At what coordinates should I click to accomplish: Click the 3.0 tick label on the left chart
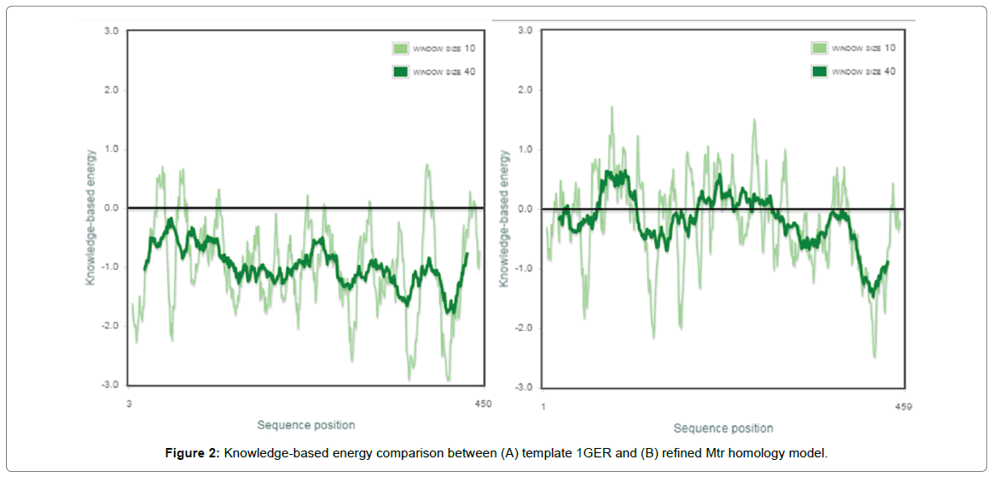tap(111, 31)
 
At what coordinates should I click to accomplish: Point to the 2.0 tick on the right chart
tap(526, 90)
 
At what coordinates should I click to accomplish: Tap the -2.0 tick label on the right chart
tap(524, 328)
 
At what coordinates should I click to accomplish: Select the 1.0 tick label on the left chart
tap(111, 149)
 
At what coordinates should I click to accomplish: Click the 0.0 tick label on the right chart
tap(526, 209)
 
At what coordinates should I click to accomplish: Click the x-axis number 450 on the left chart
tap(482, 404)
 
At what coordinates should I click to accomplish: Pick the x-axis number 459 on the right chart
tap(904, 406)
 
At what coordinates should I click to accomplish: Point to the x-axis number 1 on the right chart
tap(543, 406)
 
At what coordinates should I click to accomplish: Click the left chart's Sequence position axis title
tap(306, 425)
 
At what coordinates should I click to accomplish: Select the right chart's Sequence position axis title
tap(723, 428)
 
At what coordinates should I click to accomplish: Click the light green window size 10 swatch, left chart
tap(400, 49)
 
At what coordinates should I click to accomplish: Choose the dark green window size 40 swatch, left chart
tap(400, 72)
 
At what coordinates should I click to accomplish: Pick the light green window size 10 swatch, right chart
tap(819, 49)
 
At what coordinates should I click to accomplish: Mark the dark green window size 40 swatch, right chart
tap(819, 72)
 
